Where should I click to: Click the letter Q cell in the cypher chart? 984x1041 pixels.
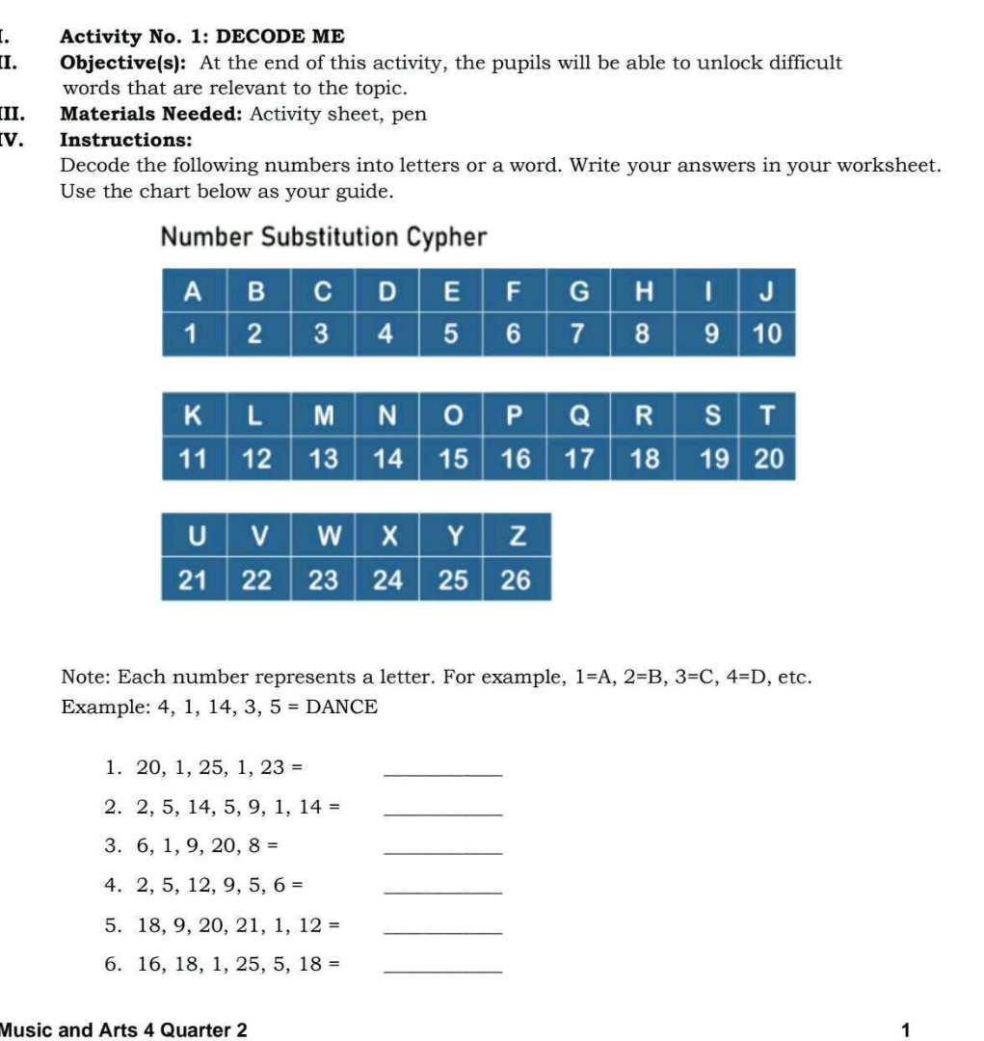coord(578,415)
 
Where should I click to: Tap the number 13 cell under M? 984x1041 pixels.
coord(323,460)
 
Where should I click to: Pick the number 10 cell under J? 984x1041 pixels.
coord(767,334)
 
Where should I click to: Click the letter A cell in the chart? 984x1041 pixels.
coord(194,290)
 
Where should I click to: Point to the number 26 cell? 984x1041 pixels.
coord(517,580)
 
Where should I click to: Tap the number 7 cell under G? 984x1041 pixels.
coord(578,334)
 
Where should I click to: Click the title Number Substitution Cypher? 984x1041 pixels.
coord(324,237)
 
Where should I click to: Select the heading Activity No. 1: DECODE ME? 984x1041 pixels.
coord(201,37)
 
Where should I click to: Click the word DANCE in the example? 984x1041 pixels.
coord(342,707)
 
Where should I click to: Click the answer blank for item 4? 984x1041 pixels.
coord(442,888)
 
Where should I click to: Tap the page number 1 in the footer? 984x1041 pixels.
coord(905,1030)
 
